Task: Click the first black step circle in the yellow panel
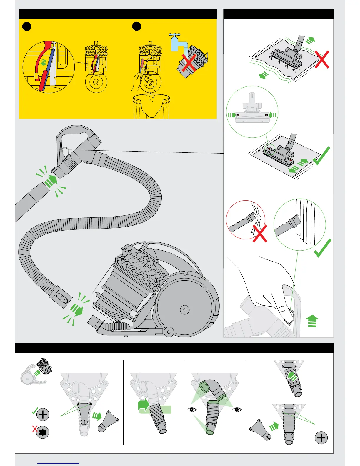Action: tap(27, 26)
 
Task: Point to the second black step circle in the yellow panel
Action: tap(136, 26)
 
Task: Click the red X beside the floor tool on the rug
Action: tap(322, 59)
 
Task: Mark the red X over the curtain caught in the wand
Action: tap(260, 233)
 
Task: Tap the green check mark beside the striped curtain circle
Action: tap(323, 248)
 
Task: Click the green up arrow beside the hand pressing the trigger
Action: tap(312, 321)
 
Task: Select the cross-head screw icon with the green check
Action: tap(43, 415)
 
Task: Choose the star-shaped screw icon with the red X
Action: tap(43, 432)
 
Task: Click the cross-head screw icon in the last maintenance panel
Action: tap(321, 438)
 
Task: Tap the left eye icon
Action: tap(193, 409)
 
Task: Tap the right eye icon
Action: tap(237, 409)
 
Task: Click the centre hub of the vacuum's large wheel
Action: tap(184, 309)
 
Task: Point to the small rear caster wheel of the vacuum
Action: tap(169, 332)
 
